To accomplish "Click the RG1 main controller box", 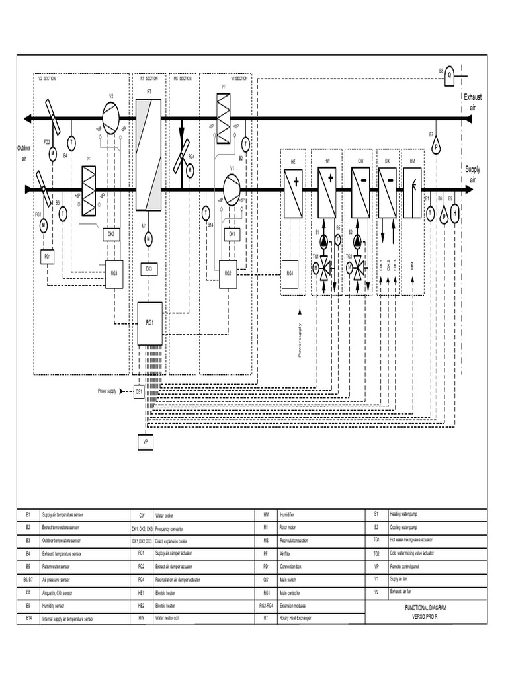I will pyautogui.click(x=149, y=323).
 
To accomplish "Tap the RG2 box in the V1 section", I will pyautogui.click(x=227, y=272).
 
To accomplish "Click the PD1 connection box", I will pyautogui.click(x=48, y=255).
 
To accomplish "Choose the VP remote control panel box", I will pyautogui.click(x=145, y=441).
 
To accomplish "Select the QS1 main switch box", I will pyautogui.click(x=140, y=391).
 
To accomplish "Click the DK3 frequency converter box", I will pyautogui.click(x=148, y=269).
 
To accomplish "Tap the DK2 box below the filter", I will pyautogui.click(x=110, y=234).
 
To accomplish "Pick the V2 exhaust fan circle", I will pyautogui.click(x=111, y=119).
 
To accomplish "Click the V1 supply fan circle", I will pyautogui.click(x=232, y=190).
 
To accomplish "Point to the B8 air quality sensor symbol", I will pyautogui.click(x=450, y=75).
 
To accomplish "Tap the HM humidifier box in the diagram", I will pyautogui.click(x=413, y=192).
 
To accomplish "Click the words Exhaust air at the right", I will pyautogui.click(x=472, y=102).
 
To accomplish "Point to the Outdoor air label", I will pyautogui.click(x=24, y=154).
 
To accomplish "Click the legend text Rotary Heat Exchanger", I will pyautogui.click(x=295, y=619).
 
